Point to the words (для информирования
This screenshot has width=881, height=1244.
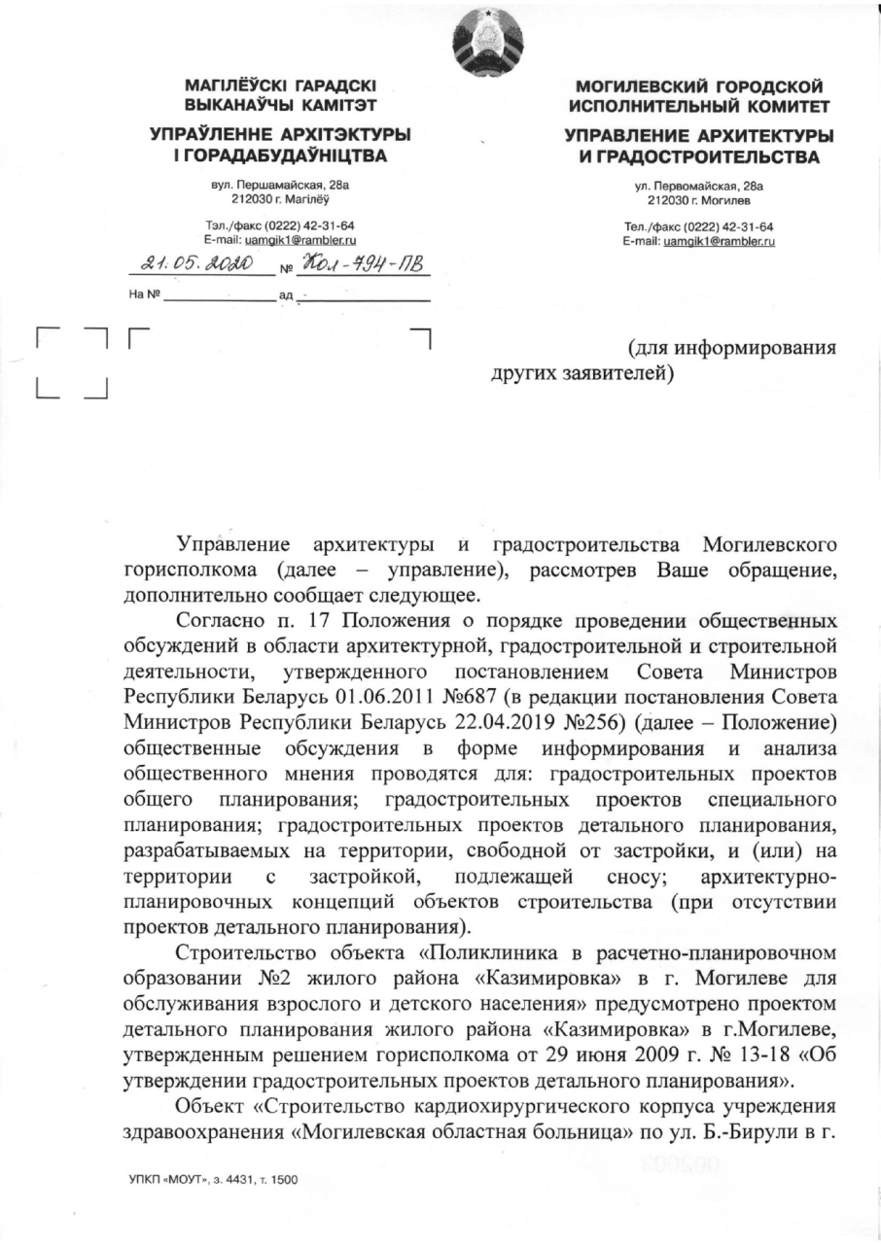point(731,345)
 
